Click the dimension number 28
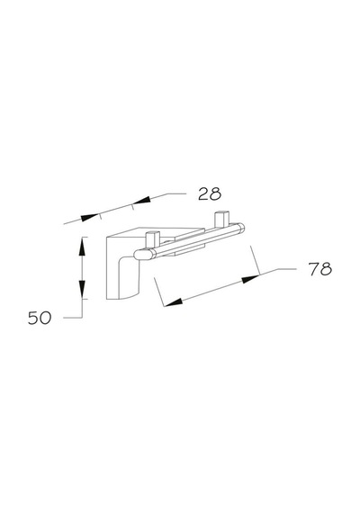click(x=210, y=193)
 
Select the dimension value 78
click(x=320, y=269)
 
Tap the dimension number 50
click(x=40, y=318)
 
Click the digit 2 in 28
click(x=204, y=193)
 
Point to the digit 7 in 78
click(x=314, y=269)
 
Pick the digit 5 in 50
click(x=33, y=318)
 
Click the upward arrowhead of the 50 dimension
click(x=82, y=247)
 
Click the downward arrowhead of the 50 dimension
click(x=82, y=289)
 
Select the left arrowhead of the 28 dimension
click(x=90, y=217)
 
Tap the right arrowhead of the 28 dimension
click(x=141, y=201)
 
